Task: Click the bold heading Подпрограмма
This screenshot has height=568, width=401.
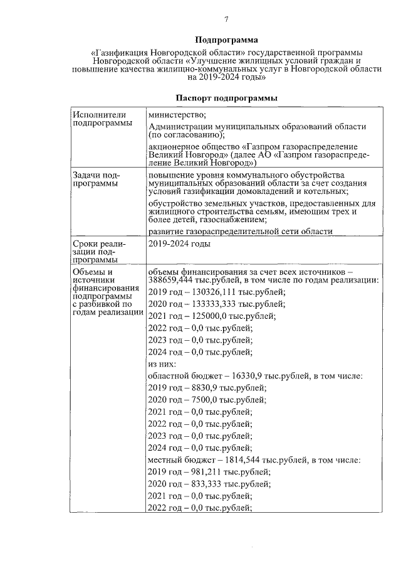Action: click(226, 40)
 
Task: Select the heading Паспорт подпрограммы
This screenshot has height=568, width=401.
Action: click(226, 99)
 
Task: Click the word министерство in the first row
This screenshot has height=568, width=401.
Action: click(177, 115)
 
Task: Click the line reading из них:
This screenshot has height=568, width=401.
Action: click(162, 364)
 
